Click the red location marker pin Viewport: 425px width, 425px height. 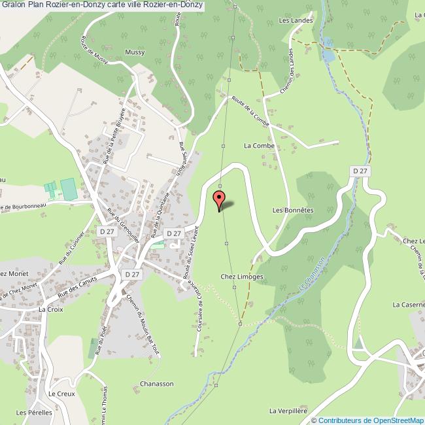coord(219,198)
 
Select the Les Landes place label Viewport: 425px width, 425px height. coord(296,20)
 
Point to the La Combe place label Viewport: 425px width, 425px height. coord(260,145)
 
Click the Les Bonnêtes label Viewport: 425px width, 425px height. coord(294,211)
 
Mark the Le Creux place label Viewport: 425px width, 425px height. coord(62,394)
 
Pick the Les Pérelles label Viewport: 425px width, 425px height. coord(31,413)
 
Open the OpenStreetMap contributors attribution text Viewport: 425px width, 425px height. coord(367,420)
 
